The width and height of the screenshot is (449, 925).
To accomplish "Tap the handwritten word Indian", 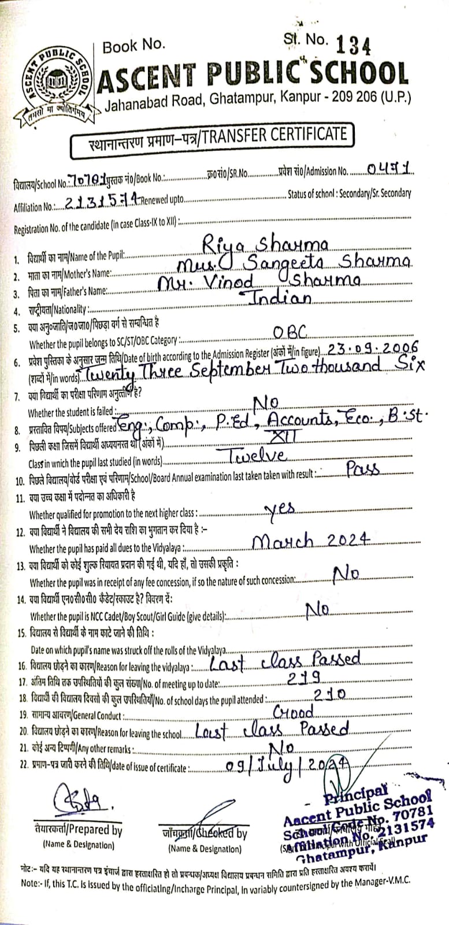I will point(279,298).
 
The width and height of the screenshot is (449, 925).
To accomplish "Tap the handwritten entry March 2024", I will point(311,540).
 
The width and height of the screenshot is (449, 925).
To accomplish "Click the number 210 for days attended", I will point(328,693).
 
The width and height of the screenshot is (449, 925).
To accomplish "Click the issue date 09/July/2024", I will point(288,766).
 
